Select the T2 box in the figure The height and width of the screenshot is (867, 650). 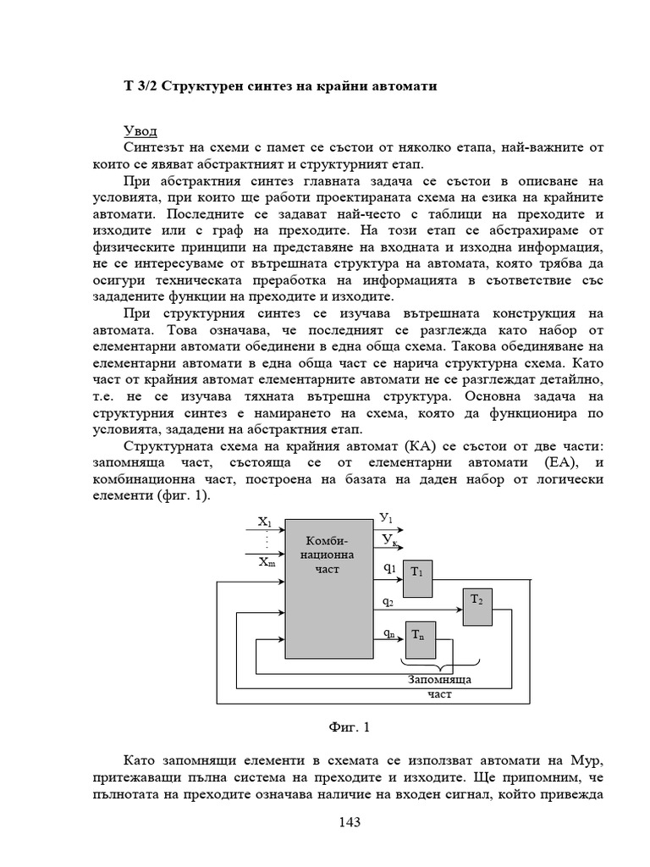[476, 605]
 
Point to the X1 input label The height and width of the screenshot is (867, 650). [264, 522]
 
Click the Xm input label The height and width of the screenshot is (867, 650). [266, 561]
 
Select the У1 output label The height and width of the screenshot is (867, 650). [386, 517]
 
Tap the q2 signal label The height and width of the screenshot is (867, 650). [388, 601]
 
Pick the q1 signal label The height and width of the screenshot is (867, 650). [389, 568]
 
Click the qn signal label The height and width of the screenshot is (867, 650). [388, 632]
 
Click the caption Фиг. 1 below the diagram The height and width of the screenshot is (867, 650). [348, 726]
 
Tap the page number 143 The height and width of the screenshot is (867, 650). [350, 822]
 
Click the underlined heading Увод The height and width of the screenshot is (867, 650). [140, 131]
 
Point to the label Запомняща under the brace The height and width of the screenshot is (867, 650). [439, 680]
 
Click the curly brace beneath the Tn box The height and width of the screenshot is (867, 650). [439, 665]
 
